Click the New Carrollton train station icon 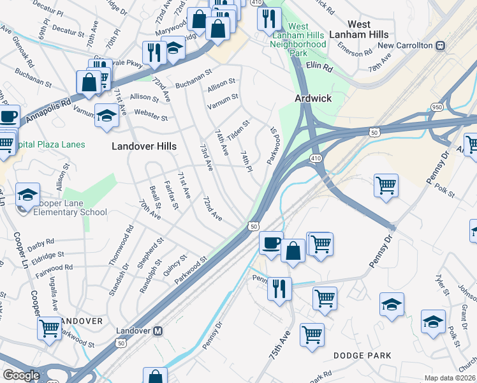coord(439,46)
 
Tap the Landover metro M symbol coord(159,331)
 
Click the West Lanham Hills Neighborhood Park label coord(298,40)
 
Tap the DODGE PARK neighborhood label coord(362,355)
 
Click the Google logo coord(21,375)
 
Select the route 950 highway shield coord(454,109)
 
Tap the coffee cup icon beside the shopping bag coord(271,243)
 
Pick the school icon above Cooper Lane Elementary coord(27,195)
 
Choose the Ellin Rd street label coord(320,66)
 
